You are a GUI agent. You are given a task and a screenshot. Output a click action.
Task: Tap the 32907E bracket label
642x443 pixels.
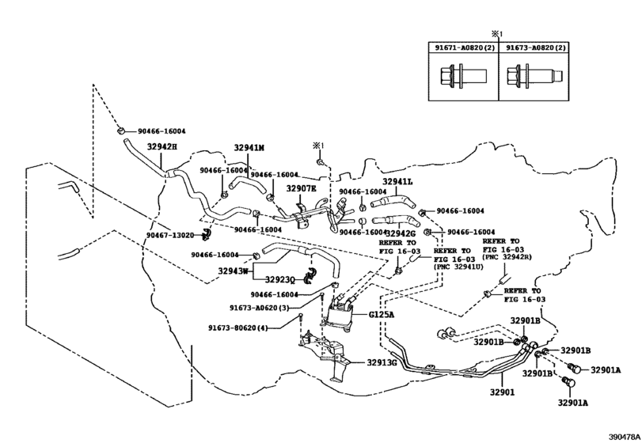pyautogui.click(x=301, y=189)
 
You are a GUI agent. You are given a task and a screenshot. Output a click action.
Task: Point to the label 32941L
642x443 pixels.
pyautogui.click(x=398, y=181)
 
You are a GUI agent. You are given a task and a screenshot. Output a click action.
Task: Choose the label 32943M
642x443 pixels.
pyautogui.click(x=235, y=271)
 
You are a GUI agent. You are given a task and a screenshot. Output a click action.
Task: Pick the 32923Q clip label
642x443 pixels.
pyautogui.click(x=279, y=279)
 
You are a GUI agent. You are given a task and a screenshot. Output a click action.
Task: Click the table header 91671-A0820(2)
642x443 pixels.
pyautogui.click(x=463, y=48)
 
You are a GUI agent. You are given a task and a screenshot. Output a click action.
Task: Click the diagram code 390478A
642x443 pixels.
pyautogui.click(x=624, y=436)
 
